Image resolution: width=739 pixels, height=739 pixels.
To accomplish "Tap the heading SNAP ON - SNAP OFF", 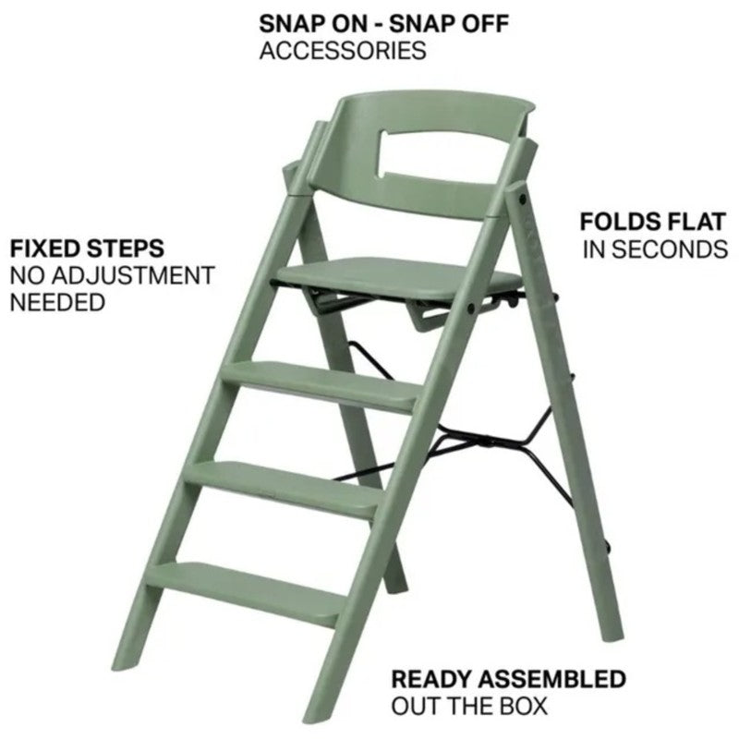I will (x=382, y=23).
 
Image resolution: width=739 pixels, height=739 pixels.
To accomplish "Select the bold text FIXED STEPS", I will (x=87, y=248).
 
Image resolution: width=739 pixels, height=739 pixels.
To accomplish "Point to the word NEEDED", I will (x=57, y=302).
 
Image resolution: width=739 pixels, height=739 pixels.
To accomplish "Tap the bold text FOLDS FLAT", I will (x=653, y=222).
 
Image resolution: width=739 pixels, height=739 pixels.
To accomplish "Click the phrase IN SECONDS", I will (x=655, y=248).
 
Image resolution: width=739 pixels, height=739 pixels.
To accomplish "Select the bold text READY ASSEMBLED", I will (x=508, y=679).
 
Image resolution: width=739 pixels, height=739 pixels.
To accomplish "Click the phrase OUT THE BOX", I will (x=469, y=707).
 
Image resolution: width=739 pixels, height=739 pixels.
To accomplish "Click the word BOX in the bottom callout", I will (x=523, y=707).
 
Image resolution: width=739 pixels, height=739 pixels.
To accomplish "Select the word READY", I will (x=429, y=679).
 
